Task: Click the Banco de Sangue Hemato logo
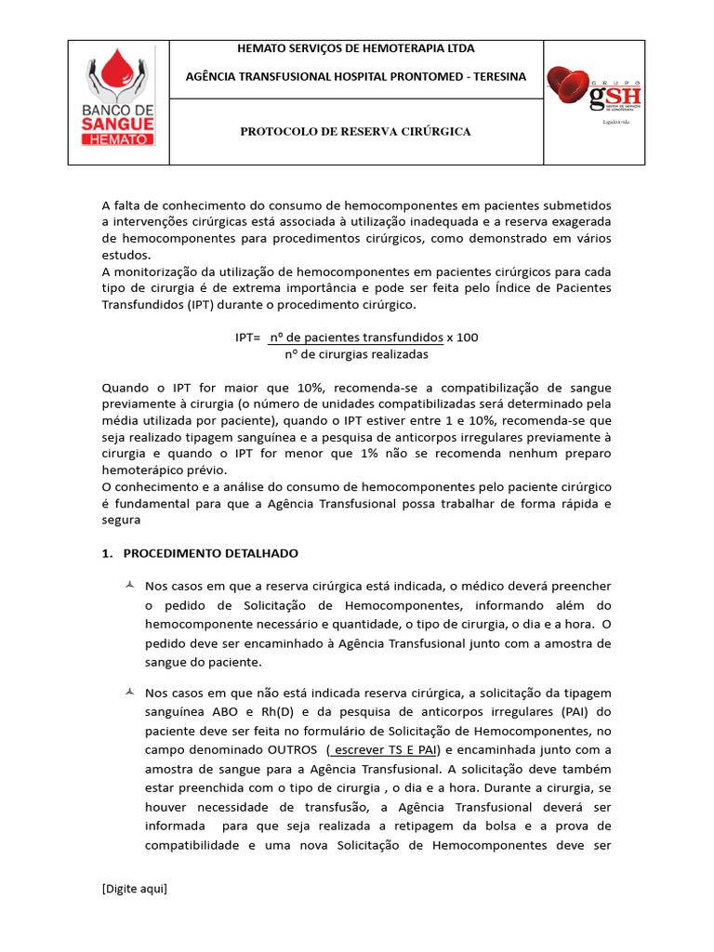coord(122,102)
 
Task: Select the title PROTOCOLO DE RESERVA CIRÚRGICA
coord(356,132)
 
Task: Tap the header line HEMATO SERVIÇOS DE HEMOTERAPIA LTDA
coord(356,48)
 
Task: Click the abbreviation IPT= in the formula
coord(248,337)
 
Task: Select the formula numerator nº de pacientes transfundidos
coord(355,337)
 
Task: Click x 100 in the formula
coord(462,337)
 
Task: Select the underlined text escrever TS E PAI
coord(384,750)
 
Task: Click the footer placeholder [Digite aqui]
coord(135,889)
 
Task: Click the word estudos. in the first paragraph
coord(125,255)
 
